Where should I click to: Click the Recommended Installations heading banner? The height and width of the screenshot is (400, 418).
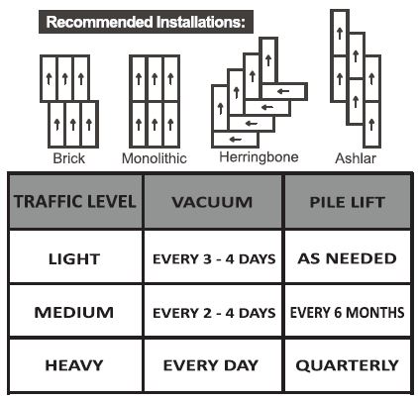click(x=146, y=22)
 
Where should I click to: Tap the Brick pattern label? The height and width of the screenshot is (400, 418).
click(x=69, y=158)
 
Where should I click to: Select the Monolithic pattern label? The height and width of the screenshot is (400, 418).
click(x=155, y=158)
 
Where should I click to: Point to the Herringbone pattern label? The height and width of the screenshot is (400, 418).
click(x=259, y=157)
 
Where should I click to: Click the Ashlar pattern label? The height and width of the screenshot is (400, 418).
click(x=356, y=158)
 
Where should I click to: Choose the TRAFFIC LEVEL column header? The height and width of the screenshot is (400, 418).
click(x=75, y=202)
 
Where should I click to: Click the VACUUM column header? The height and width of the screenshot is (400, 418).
click(x=212, y=202)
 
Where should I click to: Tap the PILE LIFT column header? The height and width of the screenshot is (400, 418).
click(x=348, y=202)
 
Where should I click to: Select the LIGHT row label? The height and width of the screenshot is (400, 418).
click(x=74, y=259)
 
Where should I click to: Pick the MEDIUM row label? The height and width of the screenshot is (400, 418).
click(x=74, y=312)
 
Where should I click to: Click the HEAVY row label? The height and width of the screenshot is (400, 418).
click(x=74, y=365)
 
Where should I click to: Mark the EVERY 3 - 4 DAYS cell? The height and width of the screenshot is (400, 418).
click(x=214, y=259)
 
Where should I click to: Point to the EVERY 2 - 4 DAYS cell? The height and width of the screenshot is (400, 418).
click(x=214, y=313)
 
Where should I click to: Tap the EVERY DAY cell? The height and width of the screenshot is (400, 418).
click(x=211, y=365)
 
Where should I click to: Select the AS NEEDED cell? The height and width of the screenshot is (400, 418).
click(x=348, y=258)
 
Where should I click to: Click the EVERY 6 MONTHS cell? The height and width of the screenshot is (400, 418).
click(x=348, y=312)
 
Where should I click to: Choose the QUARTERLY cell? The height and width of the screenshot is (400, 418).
click(x=348, y=365)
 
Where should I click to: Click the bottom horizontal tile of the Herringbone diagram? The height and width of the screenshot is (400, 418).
click(x=235, y=140)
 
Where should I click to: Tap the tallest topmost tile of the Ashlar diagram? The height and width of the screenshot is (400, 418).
click(x=340, y=33)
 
